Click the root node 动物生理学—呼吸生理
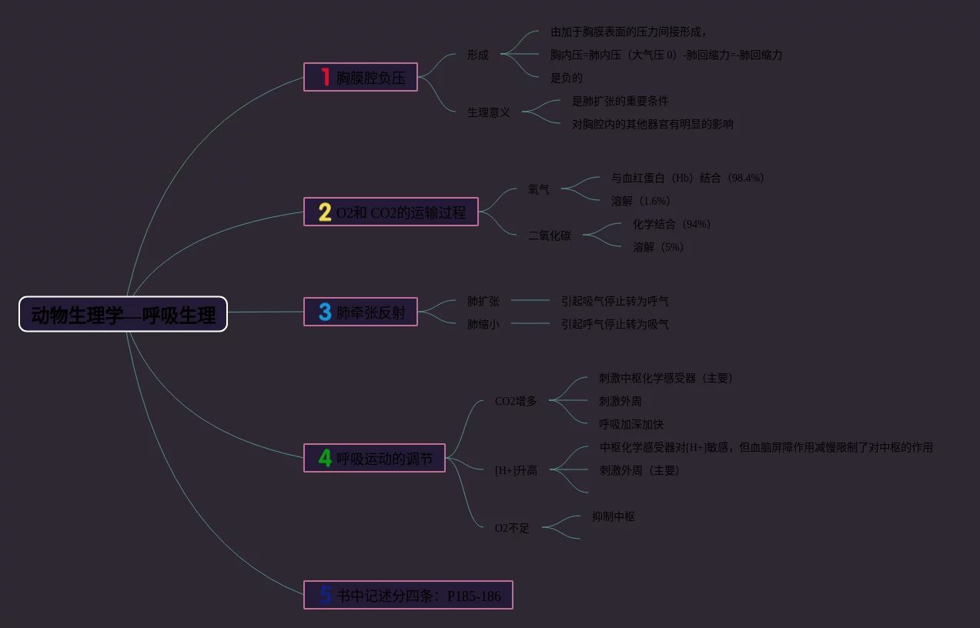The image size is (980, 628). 123,314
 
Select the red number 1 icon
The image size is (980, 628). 326,77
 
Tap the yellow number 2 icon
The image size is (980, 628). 325,212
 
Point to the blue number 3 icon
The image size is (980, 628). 325,312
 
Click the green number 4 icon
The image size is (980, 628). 325,458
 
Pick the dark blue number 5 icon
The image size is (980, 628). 326,595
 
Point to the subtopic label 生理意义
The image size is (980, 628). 489,112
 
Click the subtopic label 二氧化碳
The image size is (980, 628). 550,235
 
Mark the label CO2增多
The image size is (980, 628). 516,401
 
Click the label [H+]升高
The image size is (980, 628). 516,470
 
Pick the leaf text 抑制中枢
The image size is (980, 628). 614,516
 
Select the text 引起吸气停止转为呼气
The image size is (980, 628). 615,301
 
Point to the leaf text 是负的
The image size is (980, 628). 567,78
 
